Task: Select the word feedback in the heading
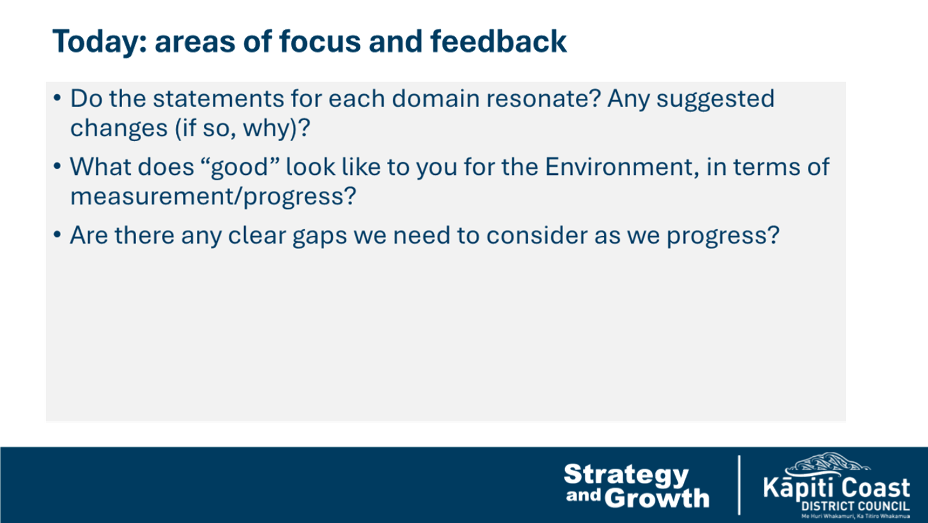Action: point(498,41)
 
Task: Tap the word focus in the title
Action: point(320,42)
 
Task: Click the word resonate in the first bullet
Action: point(543,99)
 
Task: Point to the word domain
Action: point(435,99)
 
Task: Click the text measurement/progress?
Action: point(213,197)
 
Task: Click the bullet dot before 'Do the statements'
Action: point(57,99)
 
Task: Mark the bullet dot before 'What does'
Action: point(57,167)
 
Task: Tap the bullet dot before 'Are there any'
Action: point(57,235)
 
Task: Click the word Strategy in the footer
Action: point(626,475)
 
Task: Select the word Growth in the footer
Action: point(657,498)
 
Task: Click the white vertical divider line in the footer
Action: point(739,485)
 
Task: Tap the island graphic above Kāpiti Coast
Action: point(828,464)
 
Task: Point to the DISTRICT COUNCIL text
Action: point(855,506)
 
